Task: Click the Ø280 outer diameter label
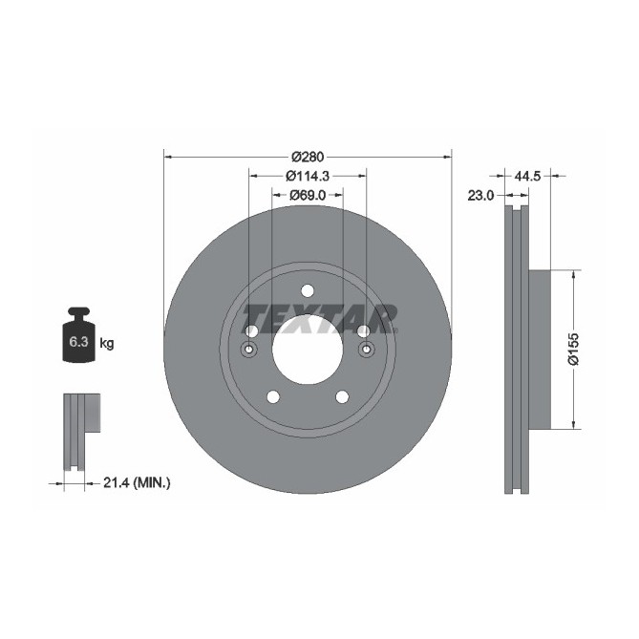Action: (308, 157)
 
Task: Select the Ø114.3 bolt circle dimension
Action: (307, 176)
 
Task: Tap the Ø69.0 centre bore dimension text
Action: (307, 195)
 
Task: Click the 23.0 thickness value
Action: (480, 196)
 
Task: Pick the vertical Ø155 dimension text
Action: (573, 350)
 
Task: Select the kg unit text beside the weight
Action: (107, 343)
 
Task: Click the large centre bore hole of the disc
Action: (307, 349)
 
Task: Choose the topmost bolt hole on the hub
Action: (307, 291)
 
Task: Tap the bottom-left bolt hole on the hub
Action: (272, 396)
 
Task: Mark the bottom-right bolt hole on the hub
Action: (341, 396)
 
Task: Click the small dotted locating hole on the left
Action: (250, 349)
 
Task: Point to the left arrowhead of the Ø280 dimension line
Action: (169, 156)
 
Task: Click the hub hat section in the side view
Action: (540, 350)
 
